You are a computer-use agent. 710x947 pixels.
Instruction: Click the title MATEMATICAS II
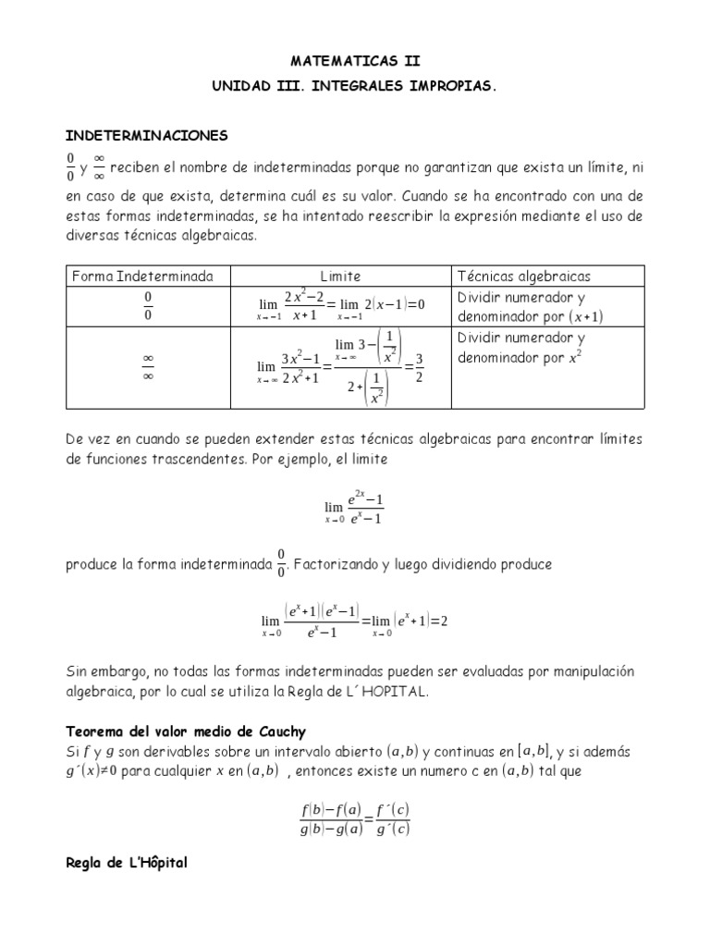[355, 62]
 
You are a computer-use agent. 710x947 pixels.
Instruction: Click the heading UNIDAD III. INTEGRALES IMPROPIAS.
[355, 85]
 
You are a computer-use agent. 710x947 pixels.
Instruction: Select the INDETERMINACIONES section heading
[146, 136]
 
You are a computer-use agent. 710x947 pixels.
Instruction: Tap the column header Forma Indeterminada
[141, 277]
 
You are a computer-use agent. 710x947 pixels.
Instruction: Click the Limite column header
[340, 277]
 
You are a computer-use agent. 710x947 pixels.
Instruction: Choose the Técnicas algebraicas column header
[524, 277]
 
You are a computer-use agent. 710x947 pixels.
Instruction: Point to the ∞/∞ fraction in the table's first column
[147, 368]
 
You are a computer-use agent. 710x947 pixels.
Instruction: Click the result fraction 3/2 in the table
[418, 367]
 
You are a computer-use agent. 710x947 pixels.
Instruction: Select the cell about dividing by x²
[522, 348]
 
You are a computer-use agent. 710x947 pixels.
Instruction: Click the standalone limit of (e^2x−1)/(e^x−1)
[354, 507]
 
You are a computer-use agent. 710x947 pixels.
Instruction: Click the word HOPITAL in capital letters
[398, 693]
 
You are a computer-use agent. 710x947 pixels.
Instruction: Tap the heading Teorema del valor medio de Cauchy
[185, 732]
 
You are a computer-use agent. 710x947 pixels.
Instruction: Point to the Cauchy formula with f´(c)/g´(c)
[355, 818]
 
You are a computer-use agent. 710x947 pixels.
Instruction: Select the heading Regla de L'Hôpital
[126, 863]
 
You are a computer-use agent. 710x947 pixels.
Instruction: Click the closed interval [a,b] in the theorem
[533, 753]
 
